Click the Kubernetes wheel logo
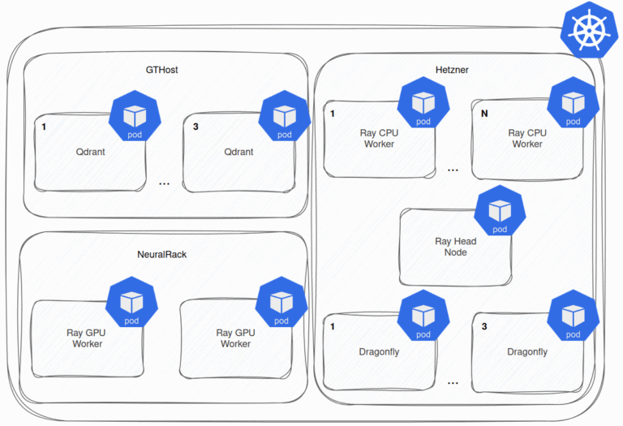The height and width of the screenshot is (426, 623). (590, 31)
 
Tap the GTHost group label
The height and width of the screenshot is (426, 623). (161, 70)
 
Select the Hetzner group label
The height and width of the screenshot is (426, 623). (451, 70)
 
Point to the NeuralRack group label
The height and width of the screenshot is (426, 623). (161, 254)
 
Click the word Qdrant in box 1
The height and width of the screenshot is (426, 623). (91, 152)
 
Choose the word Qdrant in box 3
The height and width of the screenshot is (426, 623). (239, 152)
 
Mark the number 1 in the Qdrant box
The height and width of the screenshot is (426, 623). (44, 127)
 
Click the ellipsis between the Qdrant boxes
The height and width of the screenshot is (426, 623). (165, 184)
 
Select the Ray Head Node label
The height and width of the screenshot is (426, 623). (455, 247)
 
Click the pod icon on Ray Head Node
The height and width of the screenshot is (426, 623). (500, 213)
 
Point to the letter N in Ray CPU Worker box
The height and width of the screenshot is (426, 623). (484, 114)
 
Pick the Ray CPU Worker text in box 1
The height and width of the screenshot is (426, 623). (377, 138)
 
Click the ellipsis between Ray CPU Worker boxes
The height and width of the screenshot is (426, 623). (453, 170)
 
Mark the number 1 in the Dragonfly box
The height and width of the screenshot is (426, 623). (333, 327)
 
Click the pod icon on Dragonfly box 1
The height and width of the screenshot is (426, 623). (423, 317)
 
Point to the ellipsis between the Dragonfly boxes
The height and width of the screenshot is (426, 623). (453, 382)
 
